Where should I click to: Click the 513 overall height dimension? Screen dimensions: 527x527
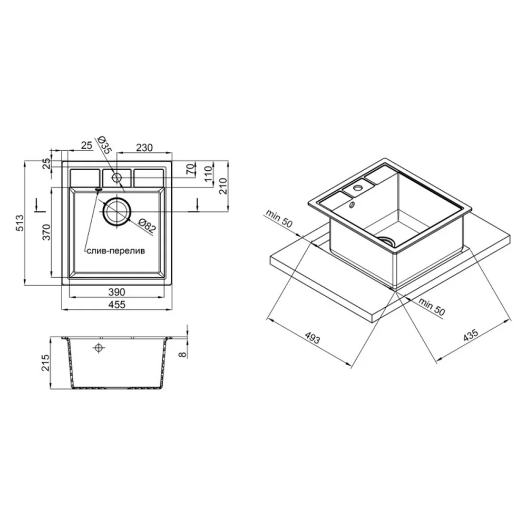(20, 223)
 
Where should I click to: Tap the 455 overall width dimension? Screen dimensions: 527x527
(117, 305)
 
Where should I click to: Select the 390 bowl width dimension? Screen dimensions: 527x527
(116, 292)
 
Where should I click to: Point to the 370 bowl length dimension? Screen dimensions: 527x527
(46, 232)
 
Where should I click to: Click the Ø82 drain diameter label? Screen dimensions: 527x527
(148, 226)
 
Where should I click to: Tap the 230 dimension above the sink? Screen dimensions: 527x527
(144, 148)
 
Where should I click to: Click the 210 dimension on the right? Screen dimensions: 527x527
(223, 186)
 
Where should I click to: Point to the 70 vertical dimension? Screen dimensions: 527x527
(191, 170)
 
